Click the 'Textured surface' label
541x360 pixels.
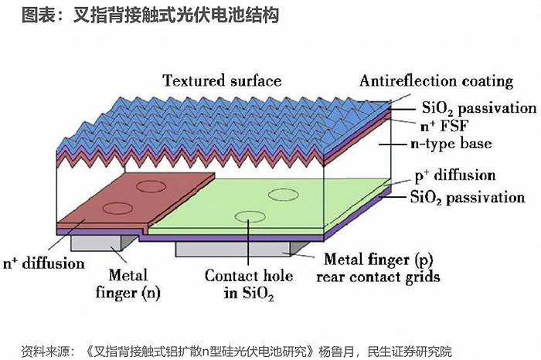point(222,80)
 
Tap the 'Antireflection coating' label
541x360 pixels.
point(436,81)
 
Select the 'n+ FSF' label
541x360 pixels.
point(444,126)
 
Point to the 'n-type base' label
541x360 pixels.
point(451,144)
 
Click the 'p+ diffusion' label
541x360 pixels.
point(455,175)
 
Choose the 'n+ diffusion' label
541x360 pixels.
point(44,263)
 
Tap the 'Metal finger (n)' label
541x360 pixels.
point(128,284)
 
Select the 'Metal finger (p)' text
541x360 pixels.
point(378,260)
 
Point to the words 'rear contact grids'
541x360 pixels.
point(378,277)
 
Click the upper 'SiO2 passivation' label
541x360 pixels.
point(479,108)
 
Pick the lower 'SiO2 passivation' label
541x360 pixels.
point(468,198)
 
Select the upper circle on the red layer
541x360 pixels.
point(151,181)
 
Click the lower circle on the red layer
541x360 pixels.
point(118,202)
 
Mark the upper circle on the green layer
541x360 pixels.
point(284,189)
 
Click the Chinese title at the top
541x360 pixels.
point(150,15)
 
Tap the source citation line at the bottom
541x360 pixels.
point(236,352)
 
